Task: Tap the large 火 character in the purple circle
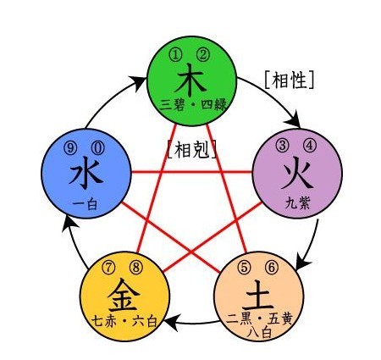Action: (297, 175)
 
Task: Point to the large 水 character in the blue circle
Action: (86, 174)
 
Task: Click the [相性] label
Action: (290, 80)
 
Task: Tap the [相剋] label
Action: (192, 149)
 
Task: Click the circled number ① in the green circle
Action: (175, 55)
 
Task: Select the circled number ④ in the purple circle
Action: (310, 145)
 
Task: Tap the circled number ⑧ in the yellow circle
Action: (136, 267)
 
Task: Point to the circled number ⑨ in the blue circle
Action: (70, 148)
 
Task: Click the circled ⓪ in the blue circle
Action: (97, 148)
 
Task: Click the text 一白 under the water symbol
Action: (85, 204)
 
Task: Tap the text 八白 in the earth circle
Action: (259, 333)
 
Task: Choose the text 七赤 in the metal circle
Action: (104, 321)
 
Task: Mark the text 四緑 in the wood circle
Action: (214, 105)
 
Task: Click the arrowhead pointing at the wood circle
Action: (138, 83)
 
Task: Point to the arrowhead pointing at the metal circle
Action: (171, 323)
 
